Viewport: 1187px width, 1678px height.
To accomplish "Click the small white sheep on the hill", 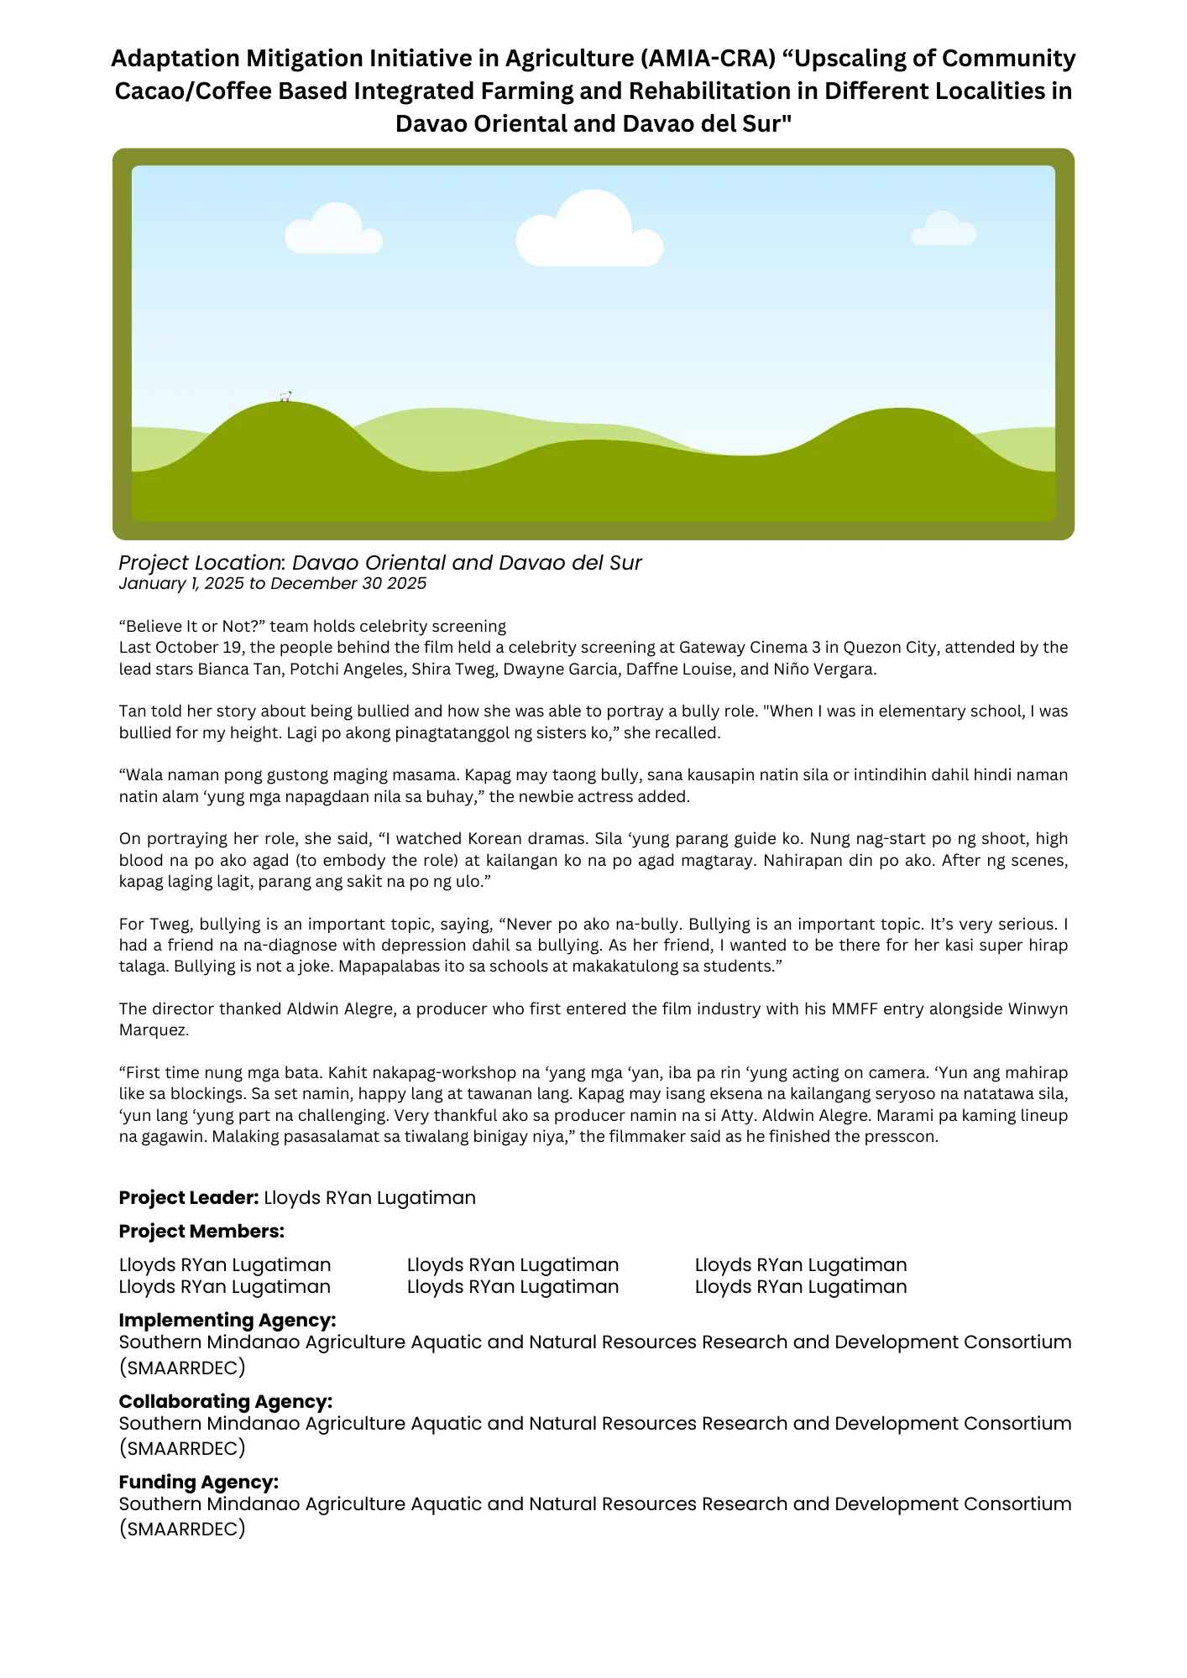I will (x=285, y=396).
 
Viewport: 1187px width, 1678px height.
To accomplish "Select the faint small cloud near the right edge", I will (x=944, y=230).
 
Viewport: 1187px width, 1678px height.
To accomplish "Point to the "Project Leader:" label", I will (x=189, y=1197).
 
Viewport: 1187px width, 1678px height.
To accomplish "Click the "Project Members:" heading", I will (x=201, y=1231).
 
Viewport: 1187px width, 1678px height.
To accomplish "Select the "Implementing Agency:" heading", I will (x=227, y=1320).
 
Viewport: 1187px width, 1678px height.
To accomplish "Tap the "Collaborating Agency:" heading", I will (x=225, y=1401).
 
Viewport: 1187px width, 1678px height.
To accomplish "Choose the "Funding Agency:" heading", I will (x=198, y=1482).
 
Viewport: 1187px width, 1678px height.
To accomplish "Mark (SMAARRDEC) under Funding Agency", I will (x=182, y=1529).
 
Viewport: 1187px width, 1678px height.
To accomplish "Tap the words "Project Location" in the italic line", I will (x=200, y=563).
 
